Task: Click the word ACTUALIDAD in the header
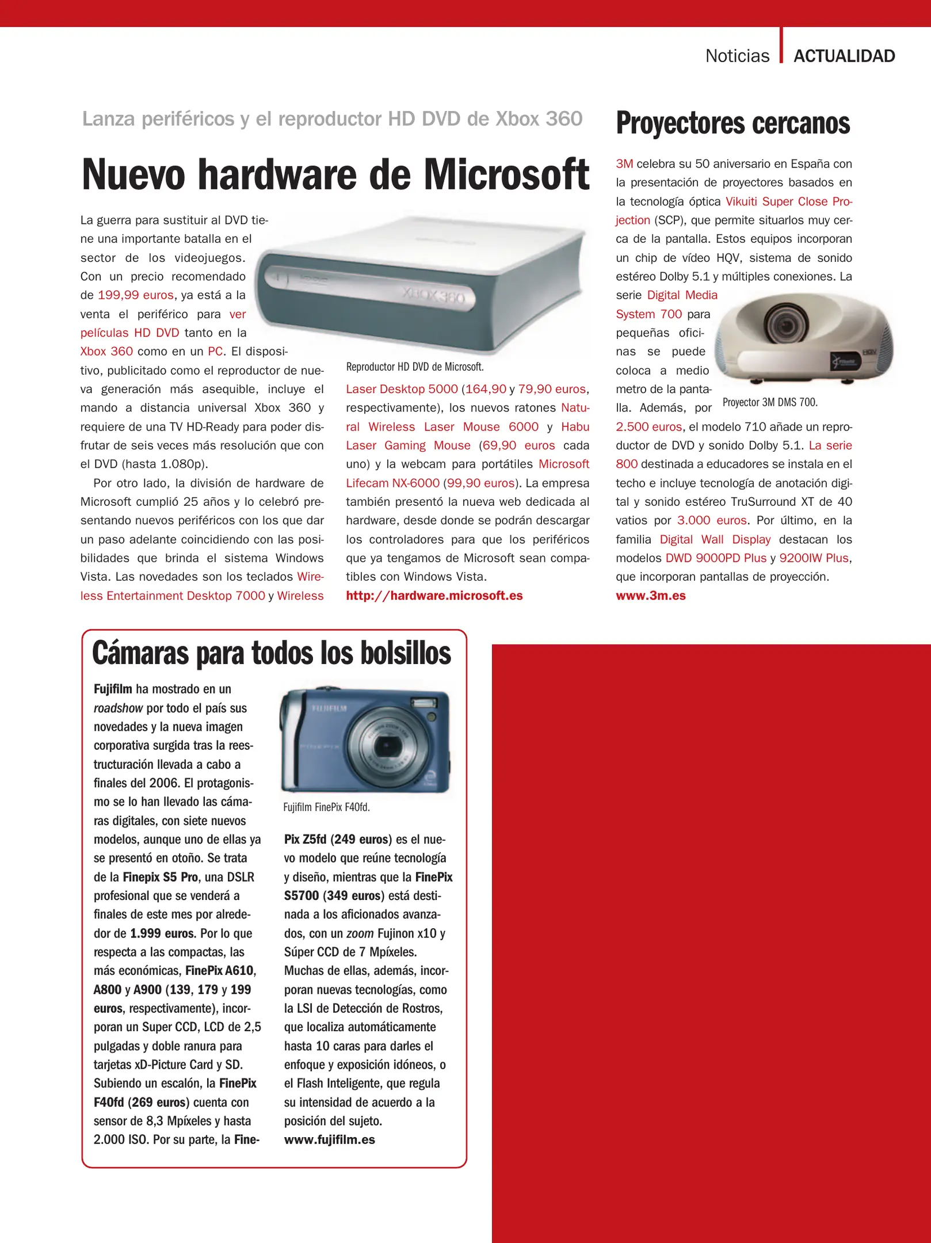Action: click(844, 56)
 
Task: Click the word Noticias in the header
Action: click(737, 56)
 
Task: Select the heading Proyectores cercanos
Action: click(732, 123)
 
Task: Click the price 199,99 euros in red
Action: click(136, 295)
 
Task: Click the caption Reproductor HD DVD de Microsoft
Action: click(415, 367)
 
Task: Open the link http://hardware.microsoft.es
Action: click(434, 596)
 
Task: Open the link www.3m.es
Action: click(651, 596)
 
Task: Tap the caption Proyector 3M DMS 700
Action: click(770, 402)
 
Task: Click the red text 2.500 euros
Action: click(648, 427)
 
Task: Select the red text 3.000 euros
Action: click(712, 520)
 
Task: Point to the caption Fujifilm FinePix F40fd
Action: click(326, 807)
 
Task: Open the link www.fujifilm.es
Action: click(330, 1140)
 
